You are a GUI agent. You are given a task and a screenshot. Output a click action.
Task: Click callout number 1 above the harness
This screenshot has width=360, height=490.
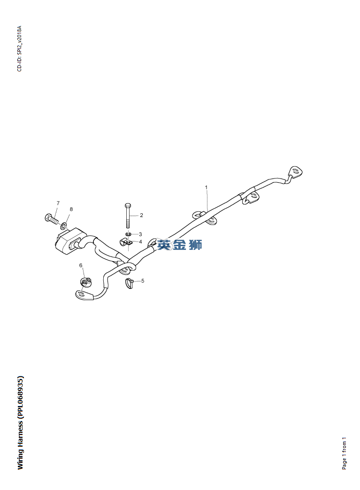point(206,187)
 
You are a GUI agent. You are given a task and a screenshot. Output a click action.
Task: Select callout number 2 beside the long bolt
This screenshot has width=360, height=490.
point(141,215)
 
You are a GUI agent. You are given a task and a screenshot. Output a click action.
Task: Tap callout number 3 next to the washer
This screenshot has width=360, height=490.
point(140,234)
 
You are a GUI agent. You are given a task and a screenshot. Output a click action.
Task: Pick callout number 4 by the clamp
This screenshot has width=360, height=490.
point(140,242)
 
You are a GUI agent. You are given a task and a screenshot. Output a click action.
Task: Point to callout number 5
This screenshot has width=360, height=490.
point(143,281)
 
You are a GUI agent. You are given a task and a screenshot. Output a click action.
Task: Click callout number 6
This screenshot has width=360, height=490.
point(81,265)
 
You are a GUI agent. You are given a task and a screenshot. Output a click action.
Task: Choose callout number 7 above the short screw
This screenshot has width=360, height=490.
point(58,203)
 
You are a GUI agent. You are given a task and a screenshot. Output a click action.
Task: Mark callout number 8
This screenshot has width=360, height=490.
point(71,209)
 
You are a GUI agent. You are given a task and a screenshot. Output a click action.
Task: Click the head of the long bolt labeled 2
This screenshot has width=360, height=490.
point(128,206)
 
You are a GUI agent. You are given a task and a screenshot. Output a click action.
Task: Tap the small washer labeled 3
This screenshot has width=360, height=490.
point(128,233)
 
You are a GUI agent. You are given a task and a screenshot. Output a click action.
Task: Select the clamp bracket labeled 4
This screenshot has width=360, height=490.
point(126,243)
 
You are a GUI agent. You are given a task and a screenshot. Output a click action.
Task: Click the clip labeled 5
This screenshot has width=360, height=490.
point(129,283)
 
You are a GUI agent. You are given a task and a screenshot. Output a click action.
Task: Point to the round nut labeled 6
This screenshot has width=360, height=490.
point(85,282)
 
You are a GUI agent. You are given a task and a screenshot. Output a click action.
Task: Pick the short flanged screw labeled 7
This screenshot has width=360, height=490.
point(51,218)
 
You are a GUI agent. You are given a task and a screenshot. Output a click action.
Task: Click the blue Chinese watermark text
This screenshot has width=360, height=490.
point(180,245)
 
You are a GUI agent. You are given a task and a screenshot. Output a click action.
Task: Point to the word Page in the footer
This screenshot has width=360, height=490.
point(345,462)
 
